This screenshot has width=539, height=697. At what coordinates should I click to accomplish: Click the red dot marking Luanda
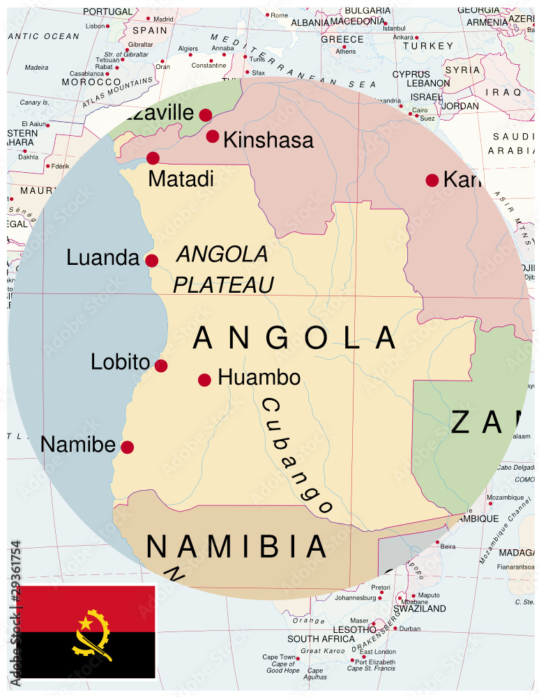151,261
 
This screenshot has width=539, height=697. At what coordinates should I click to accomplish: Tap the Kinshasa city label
268,140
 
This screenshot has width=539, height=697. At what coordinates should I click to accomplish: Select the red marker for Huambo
204,380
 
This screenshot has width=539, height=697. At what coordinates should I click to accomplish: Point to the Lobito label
120,362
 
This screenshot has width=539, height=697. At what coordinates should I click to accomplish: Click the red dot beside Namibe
127,447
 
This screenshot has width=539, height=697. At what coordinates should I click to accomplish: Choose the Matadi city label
181,178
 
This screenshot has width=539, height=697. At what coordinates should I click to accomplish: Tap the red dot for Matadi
153,158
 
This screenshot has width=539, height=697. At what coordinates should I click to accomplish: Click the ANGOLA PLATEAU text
222,269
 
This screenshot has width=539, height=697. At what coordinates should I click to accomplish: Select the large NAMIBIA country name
237,547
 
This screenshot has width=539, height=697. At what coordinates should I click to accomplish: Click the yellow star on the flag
85,622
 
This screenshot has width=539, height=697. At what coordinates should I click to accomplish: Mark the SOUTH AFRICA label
321,638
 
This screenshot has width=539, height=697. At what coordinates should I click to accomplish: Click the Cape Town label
279,657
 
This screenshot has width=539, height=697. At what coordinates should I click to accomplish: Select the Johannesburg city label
355,597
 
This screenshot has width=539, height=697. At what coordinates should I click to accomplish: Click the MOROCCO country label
91,82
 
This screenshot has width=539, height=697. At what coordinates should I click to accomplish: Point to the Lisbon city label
95,26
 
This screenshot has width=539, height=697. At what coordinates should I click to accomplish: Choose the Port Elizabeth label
375,661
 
